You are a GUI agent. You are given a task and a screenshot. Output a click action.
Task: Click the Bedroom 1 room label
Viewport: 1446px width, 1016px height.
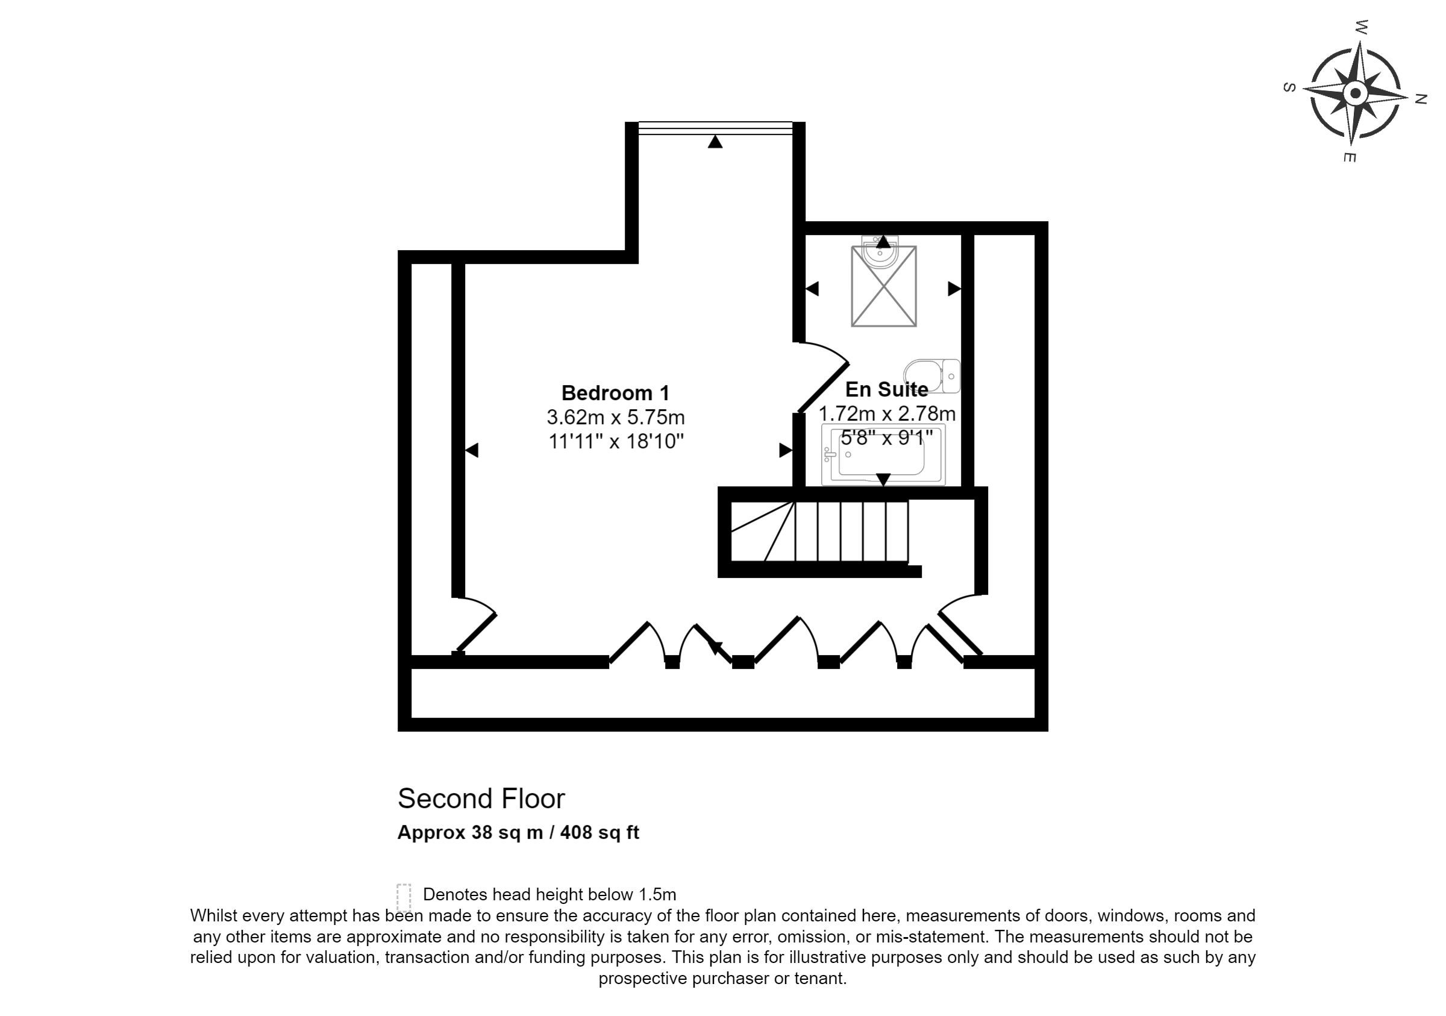615,393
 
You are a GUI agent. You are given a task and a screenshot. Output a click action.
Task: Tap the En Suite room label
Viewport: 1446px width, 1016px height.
886,389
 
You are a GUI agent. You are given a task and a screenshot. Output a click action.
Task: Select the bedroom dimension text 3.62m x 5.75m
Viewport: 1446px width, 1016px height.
615,417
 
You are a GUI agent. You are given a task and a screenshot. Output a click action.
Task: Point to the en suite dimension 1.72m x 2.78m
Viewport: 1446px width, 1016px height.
887,414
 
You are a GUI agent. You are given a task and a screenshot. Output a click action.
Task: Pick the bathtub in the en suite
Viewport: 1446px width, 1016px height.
883,455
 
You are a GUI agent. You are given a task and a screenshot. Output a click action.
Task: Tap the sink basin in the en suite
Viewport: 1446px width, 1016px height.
880,250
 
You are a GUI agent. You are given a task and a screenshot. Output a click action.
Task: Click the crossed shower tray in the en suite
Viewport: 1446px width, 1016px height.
884,287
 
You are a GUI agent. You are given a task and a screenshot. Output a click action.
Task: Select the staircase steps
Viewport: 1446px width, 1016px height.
819,531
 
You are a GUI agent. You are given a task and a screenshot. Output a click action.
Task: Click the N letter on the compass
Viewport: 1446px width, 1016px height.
1420,99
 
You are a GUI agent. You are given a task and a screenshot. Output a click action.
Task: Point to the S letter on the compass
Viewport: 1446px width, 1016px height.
1289,87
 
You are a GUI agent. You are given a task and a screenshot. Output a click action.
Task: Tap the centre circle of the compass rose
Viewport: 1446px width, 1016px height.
1356,94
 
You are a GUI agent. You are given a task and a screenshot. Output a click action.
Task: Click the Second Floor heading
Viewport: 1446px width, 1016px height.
481,798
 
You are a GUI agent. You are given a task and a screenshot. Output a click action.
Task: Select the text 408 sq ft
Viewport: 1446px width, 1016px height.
599,832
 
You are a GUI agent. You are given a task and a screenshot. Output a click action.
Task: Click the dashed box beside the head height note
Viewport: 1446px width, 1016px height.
404,897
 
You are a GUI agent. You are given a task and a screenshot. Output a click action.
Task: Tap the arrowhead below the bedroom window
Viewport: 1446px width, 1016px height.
715,142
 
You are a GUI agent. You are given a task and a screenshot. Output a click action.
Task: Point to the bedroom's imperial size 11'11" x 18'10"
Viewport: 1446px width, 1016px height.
616,441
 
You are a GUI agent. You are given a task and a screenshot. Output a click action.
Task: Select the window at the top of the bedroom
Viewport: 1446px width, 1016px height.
715,128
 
